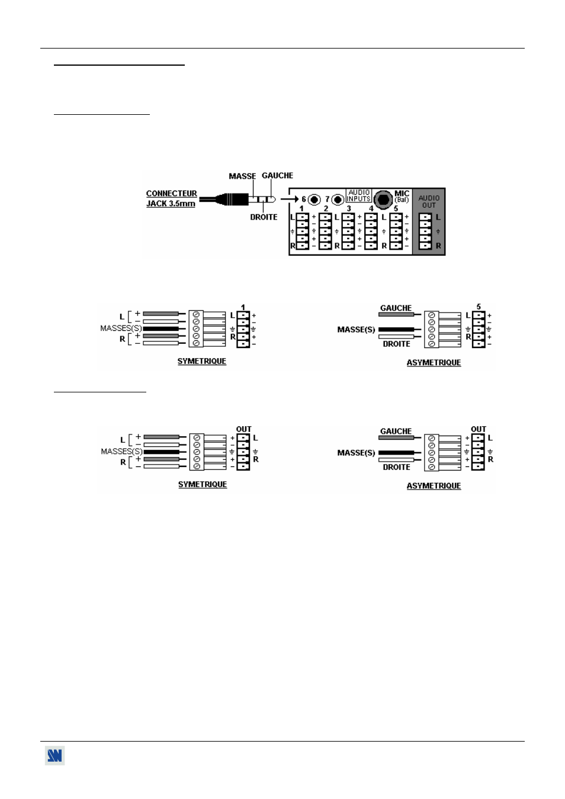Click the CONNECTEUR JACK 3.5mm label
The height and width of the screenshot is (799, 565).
(x=171, y=198)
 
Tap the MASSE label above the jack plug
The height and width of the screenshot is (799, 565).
(x=242, y=176)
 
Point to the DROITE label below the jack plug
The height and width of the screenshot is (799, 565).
(x=264, y=217)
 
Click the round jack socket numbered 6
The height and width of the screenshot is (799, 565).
(x=314, y=199)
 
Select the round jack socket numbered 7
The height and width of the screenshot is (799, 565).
(x=338, y=199)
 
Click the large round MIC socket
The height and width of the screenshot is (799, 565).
(x=383, y=199)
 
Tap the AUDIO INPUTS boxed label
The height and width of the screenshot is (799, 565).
(x=359, y=196)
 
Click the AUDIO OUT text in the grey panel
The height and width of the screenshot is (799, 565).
(x=429, y=202)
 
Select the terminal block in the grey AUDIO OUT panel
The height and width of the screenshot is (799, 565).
(x=425, y=231)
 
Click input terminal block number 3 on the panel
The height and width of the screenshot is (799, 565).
(x=348, y=231)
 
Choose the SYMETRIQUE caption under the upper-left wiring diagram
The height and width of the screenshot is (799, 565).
(x=202, y=362)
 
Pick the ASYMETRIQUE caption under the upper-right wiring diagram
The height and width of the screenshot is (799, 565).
(x=434, y=363)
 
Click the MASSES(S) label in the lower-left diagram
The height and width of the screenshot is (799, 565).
(x=121, y=452)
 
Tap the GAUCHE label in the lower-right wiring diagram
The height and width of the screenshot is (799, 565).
(x=396, y=431)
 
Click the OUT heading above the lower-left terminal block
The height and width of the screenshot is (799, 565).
(x=243, y=429)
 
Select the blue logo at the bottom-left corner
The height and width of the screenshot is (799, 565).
(x=55, y=756)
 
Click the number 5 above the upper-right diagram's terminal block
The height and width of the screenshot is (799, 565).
(x=479, y=307)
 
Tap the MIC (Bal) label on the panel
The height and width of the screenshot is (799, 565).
(x=402, y=196)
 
